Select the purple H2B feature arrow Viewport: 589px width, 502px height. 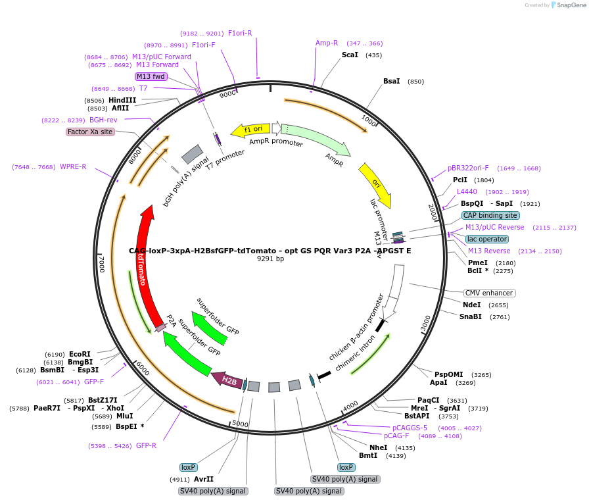(227, 379)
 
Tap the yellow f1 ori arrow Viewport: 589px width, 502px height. (250, 130)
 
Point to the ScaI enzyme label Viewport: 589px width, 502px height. (350, 55)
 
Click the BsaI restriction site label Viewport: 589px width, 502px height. (391, 81)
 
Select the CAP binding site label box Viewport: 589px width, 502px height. (490, 215)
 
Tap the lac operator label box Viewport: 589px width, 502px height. (486, 239)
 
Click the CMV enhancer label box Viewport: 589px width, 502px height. (489, 293)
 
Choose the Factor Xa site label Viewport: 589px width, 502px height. (90, 132)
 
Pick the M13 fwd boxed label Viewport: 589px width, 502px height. (151, 76)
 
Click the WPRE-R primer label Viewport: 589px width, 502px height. (73, 166)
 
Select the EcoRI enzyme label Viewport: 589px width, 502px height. (80, 354)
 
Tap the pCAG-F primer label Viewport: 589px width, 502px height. (396, 436)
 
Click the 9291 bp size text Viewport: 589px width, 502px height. (270, 259)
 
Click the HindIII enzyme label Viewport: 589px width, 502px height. (122, 100)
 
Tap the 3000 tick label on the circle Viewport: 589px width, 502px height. (425, 324)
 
